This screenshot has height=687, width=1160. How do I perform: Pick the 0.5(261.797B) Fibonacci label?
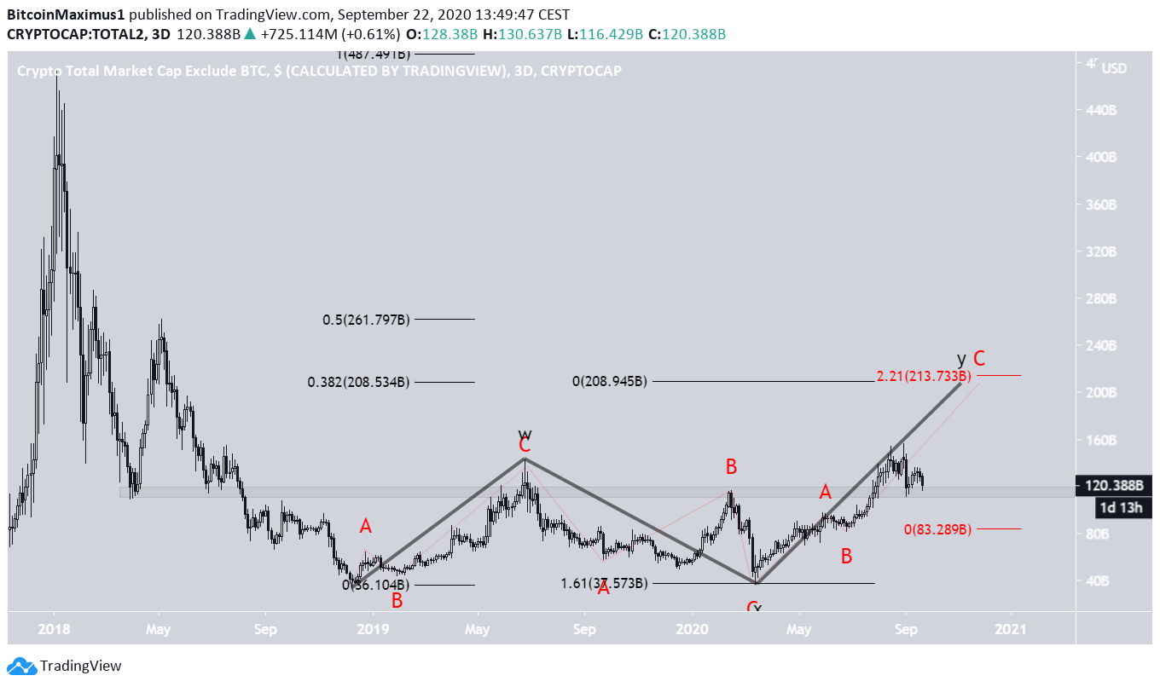coord(366,320)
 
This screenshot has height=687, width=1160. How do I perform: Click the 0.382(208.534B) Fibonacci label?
coord(358,382)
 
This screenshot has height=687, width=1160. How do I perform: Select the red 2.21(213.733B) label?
coord(924,376)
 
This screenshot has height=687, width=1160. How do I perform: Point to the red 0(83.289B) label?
coord(937,529)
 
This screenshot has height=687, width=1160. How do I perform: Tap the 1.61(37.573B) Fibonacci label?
coord(603,583)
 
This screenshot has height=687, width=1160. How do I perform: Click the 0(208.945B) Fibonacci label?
coord(609,382)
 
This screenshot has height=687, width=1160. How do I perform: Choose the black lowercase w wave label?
coord(525,433)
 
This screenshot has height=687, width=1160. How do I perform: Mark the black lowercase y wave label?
coord(961,358)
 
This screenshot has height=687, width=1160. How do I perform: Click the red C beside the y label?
coord(980,358)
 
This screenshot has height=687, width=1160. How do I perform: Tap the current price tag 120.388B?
coord(1113,487)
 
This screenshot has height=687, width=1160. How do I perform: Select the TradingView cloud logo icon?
coord(20,666)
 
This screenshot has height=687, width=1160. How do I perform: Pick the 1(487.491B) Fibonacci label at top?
coord(373,55)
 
